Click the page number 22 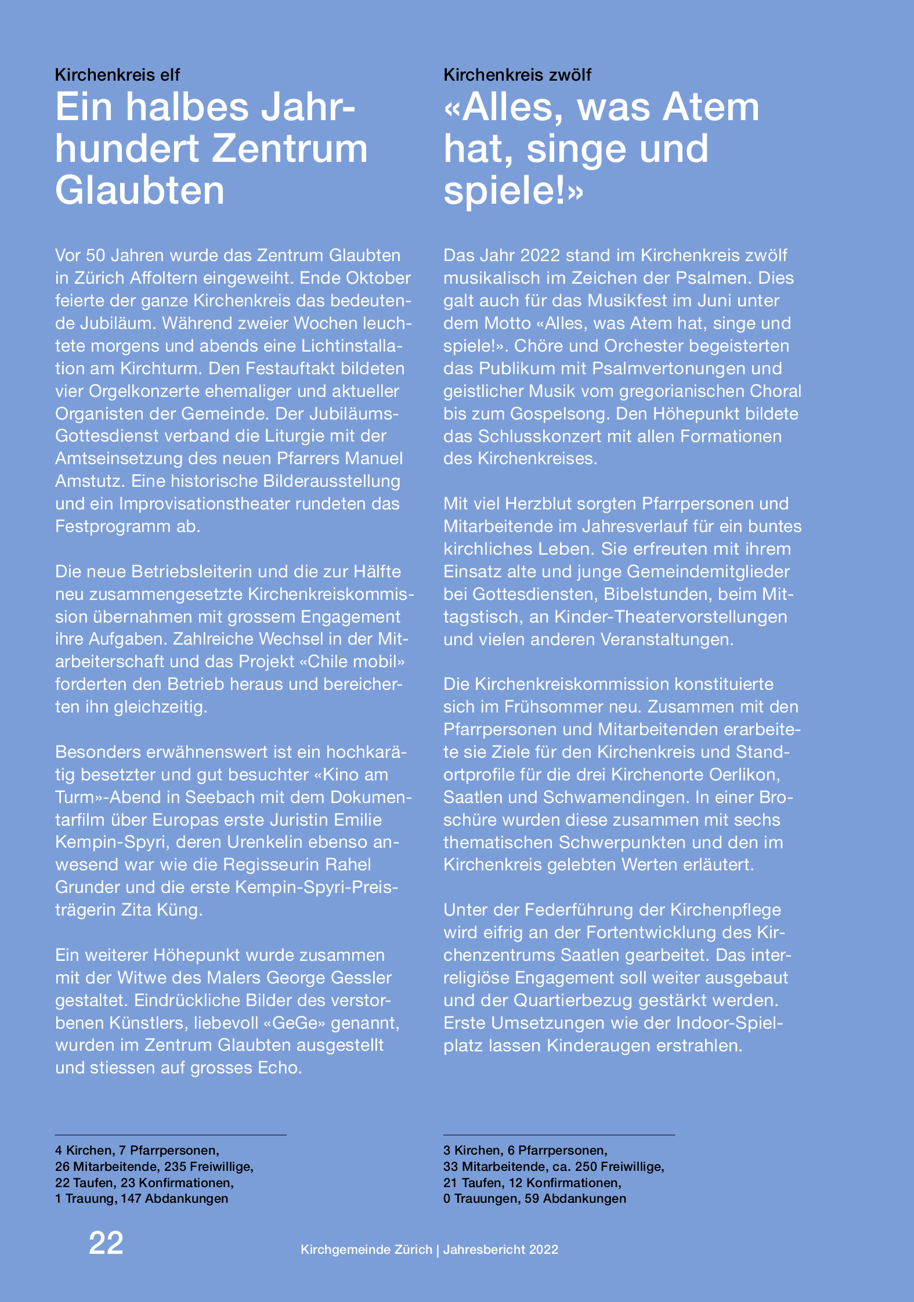coord(106,1243)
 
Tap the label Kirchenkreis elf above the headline coord(117,75)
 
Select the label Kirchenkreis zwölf coord(517,75)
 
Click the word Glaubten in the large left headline coord(140,190)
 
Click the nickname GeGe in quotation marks coord(295,1022)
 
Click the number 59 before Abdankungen coord(532,1198)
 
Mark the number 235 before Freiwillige coord(176,1166)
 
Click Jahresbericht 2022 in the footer coord(500,1249)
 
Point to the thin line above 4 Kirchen coord(171,1134)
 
